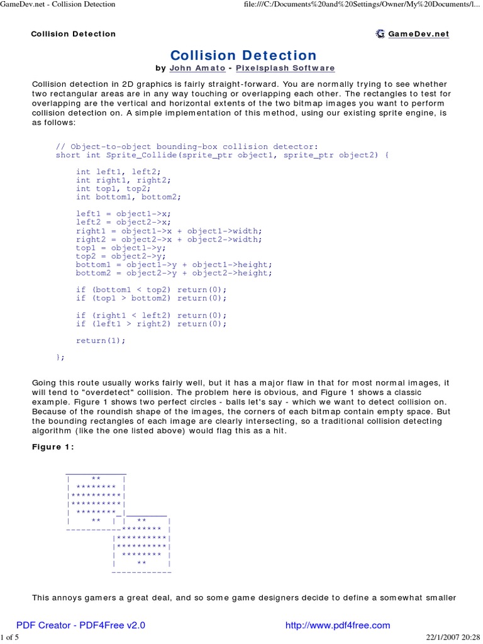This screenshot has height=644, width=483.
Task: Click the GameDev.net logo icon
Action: [380, 34]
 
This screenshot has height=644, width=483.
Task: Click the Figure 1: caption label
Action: [53, 447]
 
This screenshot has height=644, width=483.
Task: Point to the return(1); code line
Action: [101, 340]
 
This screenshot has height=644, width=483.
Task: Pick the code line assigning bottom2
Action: [174, 273]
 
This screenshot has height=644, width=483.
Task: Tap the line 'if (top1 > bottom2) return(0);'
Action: [151, 298]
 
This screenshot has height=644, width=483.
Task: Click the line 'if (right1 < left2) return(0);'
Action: [151, 315]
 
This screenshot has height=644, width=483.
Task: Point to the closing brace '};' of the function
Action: [60, 357]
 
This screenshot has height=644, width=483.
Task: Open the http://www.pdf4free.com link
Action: [338, 625]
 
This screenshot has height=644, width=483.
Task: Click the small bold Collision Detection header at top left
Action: [74, 34]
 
